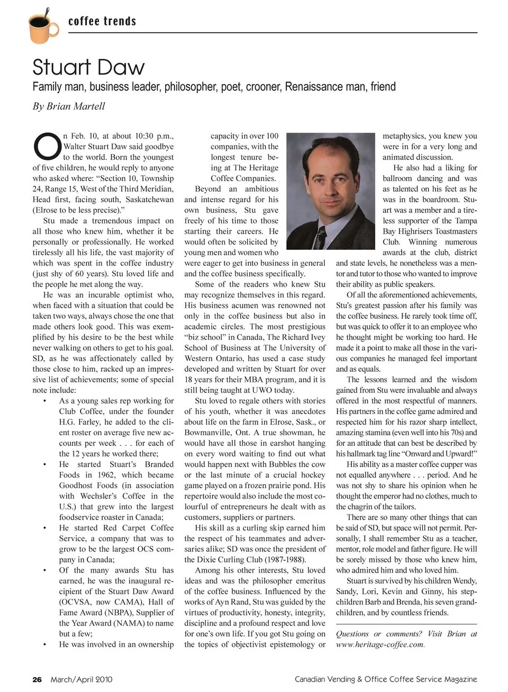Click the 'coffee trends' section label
(x=102, y=22)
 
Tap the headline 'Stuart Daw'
(x=88, y=67)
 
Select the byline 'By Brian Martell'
(x=69, y=106)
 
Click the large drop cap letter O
(x=46, y=146)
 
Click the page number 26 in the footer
(x=37, y=679)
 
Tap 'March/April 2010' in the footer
(x=81, y=679)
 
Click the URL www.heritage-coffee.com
(x=379, y=644)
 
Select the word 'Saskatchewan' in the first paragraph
(x=150, y=200)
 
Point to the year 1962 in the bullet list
(x=106, y=475)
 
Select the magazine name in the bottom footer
(x=386, y=679)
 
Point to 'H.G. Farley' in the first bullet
(x=79, y=422)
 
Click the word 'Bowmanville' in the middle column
(x=209, y=433)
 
